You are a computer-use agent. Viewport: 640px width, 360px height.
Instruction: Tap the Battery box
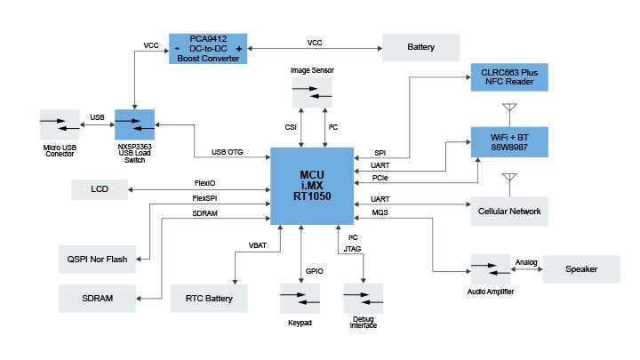[x=420, y=47]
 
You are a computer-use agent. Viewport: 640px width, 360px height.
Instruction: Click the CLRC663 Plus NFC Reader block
[x=509, y=77]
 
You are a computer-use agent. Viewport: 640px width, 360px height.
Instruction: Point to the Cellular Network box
[x=509, y=212]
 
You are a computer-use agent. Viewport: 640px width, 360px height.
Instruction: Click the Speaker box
[x=580, y=269]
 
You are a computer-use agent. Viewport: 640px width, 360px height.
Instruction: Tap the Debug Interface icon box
[x=363, y=298]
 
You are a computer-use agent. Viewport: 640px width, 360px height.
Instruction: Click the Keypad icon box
[x=300, y=298]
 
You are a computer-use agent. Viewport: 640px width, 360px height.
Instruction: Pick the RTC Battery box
[x=208, y=299]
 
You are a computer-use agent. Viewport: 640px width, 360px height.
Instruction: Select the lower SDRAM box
[x=98, y=299]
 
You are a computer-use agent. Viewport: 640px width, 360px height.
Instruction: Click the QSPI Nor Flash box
[x=98, y=260]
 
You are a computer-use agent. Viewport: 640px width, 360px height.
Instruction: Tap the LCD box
[x=100, y=189]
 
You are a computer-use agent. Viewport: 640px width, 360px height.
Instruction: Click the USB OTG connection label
[x=228, y=152]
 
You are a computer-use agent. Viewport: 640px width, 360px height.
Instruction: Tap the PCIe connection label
[x=380, y=178]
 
